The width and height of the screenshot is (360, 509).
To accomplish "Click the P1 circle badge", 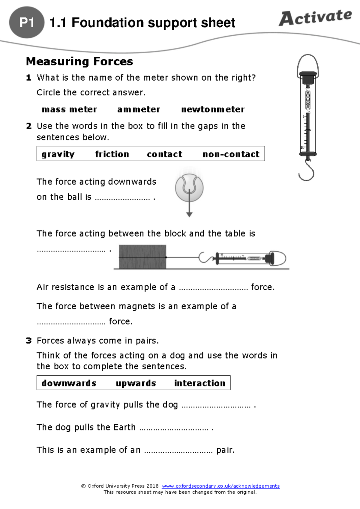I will tap(27, 22).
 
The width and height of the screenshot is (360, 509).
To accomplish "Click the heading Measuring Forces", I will tap(79, 61).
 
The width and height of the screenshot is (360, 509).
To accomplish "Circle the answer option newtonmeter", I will tap(213, 109).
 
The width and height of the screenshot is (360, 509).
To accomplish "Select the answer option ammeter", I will tap(139, 109).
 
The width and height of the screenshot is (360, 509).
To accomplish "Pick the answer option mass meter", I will tap(69, 109).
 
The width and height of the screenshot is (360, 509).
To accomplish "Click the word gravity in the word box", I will tap(58, 154).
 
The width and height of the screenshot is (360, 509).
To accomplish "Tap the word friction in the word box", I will tap(112, 154).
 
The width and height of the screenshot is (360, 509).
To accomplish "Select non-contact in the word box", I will tap(231, 154).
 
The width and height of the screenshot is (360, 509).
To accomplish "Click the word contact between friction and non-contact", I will tap(164, 154).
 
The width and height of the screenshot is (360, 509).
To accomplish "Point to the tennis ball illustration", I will tap(189, 188).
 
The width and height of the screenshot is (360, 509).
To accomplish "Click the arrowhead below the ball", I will tap(189, 214).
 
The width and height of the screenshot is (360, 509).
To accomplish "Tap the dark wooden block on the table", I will tap(142, 257).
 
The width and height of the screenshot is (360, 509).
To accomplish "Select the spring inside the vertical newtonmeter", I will tap(308, 100).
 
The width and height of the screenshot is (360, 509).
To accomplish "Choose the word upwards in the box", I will tap(136, 383).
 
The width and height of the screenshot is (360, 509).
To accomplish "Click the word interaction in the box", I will tap(199, 383).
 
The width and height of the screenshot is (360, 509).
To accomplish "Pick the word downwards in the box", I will tap(69, 383).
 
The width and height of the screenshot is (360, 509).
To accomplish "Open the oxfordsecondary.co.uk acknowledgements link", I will tap(220, 486).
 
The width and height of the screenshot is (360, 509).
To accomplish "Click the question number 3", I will tap(29, 341).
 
